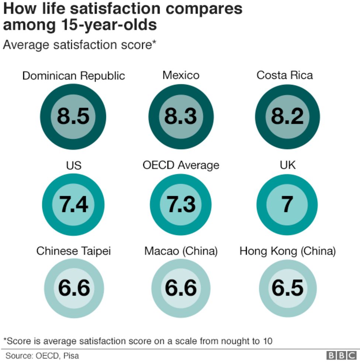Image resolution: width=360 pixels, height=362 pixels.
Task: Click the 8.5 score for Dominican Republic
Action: click(73, 116)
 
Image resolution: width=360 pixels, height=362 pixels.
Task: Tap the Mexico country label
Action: click(181, 75)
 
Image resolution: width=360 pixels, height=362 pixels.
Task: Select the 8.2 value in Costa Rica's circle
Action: click(287, 116)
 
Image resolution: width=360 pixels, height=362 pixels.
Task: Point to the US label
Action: click(73, 166)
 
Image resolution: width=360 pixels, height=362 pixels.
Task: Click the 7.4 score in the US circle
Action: click(73, 205)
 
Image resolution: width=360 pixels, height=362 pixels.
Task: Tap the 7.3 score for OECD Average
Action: click(181, 205)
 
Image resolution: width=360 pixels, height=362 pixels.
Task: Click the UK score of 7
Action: click(287, 205)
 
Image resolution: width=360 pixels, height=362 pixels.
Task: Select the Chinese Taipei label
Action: click(73, 251)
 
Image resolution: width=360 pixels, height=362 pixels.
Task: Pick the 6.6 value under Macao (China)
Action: click(181, 288)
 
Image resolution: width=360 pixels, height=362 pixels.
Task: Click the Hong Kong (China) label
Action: click(287, 251)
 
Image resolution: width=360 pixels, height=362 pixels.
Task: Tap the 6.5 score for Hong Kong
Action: click(287, 288)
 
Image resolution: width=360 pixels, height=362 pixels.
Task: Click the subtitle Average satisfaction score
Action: click(80, 45)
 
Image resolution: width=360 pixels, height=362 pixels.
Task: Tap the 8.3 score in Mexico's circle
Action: click(181, 116)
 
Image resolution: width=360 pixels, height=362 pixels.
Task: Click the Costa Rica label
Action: click(284, 75)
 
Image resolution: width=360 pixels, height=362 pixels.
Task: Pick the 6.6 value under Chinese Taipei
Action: click(73, 288)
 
